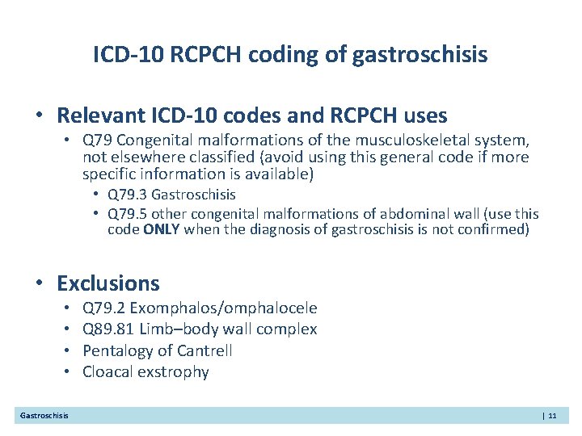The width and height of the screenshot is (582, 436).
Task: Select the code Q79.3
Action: pos(128,195)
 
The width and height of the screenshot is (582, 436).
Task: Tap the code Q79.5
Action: pos(128,214)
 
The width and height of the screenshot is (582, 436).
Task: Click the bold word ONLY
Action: pos(162,230)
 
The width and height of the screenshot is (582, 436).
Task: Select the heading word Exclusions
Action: pos(108,283)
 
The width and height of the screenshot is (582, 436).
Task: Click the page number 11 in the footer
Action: pos(552,416)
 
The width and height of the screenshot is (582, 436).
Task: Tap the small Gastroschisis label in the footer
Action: pos(44,416)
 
